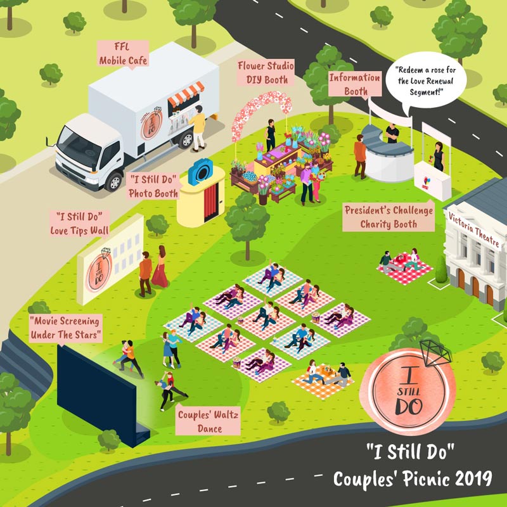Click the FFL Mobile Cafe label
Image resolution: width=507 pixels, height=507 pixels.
(x=123, y=55)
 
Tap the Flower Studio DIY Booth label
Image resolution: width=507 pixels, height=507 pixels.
(x=263, y=73)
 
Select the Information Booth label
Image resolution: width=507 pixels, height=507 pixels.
(x=355, y=84)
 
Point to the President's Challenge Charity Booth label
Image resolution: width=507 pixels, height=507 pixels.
(x=388, y=217)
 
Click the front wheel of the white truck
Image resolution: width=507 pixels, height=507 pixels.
(x=114, y=181)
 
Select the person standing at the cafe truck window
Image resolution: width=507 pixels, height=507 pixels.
(x=199, y=127)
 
